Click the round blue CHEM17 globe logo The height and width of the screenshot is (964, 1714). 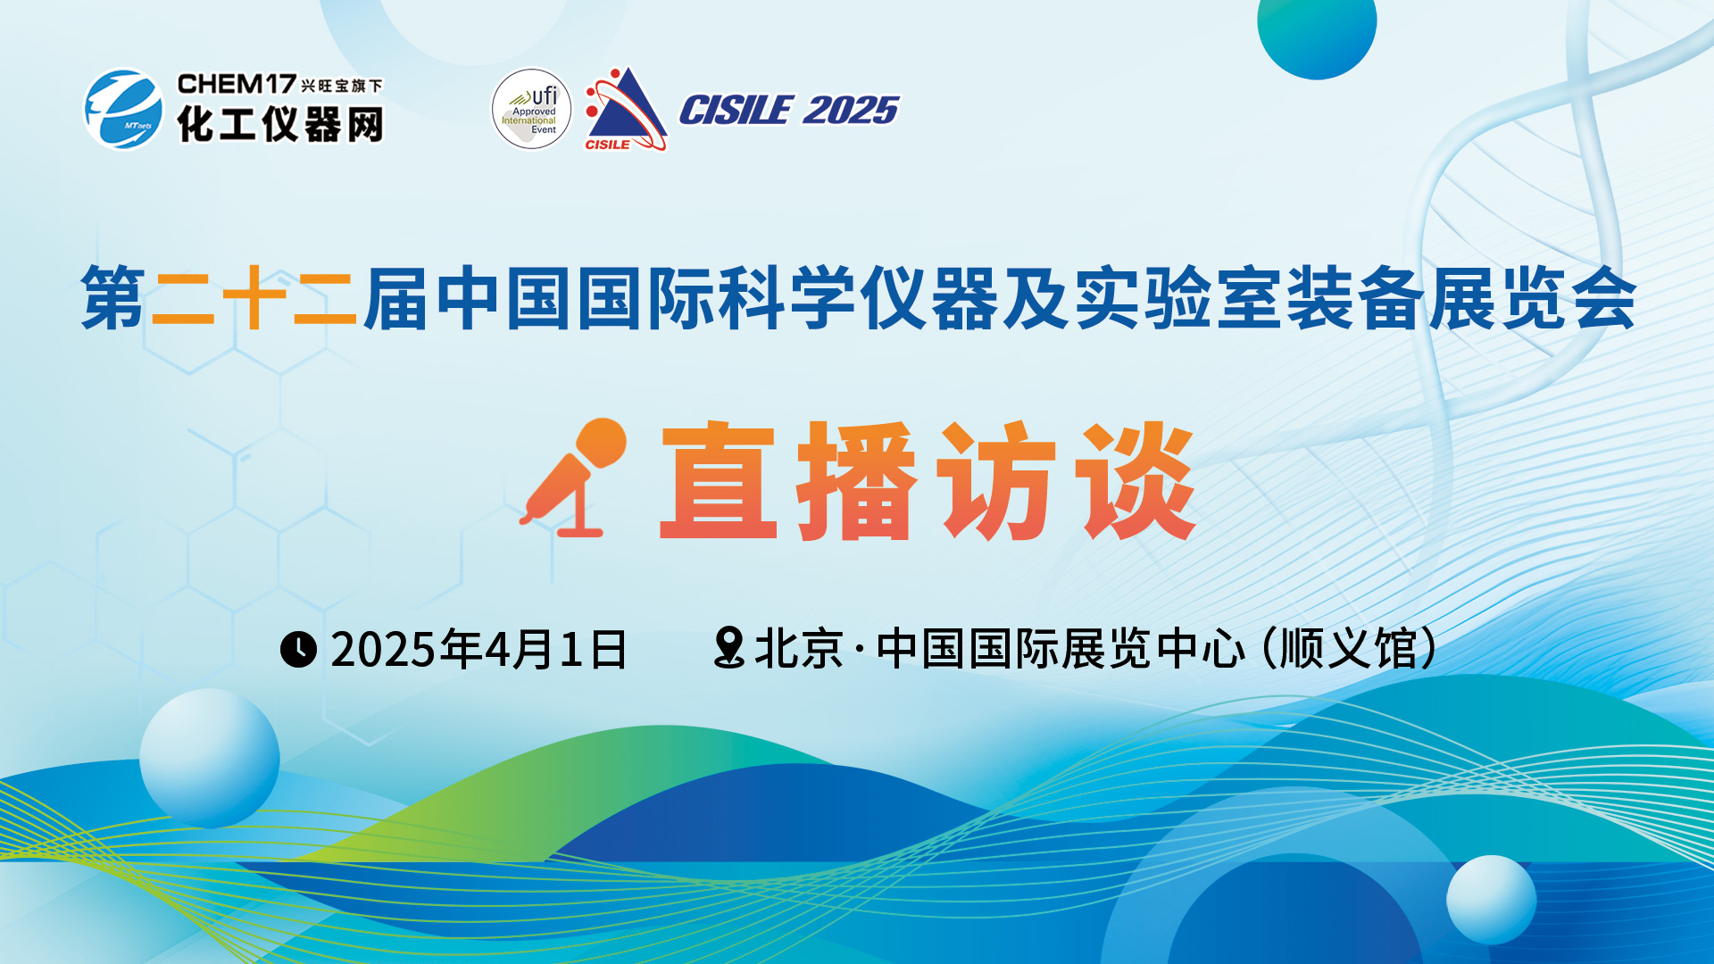pyautogui.click(x=123, y=110)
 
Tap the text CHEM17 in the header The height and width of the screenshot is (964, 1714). pyautogui.click(x=237, y=84)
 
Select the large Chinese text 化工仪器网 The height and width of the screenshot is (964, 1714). pyautogui.click(x=280, y=124)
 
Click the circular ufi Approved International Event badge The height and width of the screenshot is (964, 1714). pyautogui.click(x=531, y=109)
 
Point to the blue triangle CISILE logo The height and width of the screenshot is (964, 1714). pyautogui.click(x=626, y=109)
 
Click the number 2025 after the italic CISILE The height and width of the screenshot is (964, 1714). pyautogui.click(x=851, y=111)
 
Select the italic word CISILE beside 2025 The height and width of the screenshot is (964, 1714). pyautogui.click(x=736, y=111)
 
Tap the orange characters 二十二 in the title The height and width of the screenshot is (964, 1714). pyautogui.click(x=254, y=298)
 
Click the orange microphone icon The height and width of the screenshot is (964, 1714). pyautogui.click(x=573, y=477)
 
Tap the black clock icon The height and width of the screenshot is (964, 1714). pyautogui.click(x=298, y=649)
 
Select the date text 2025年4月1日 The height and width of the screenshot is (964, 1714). pyautogui.click(x=479, y=649)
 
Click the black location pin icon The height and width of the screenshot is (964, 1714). pyautogui.click(x=729, y=647)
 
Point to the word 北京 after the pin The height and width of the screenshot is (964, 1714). pyautogui.click(x=799, y=648)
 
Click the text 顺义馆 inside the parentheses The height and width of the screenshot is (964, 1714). pyautogui.click(x=1349, y=648)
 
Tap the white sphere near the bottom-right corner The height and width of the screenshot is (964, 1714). pyautogui.click(x=1491, y=900)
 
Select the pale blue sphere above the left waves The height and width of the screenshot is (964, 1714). pyautogui.click(x=210, y=758)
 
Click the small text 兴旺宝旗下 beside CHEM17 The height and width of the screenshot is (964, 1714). pyautogui.click(x=342, y=86)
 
